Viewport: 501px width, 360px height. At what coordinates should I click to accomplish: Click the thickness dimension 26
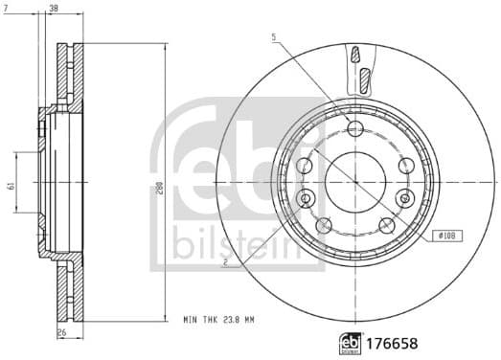pos(62,332)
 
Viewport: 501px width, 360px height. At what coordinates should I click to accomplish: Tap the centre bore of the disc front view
pos(354,178)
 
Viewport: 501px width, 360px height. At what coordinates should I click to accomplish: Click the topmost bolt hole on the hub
pos(355,129)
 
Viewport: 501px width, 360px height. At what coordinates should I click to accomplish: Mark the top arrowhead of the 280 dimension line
pos(166,46)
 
